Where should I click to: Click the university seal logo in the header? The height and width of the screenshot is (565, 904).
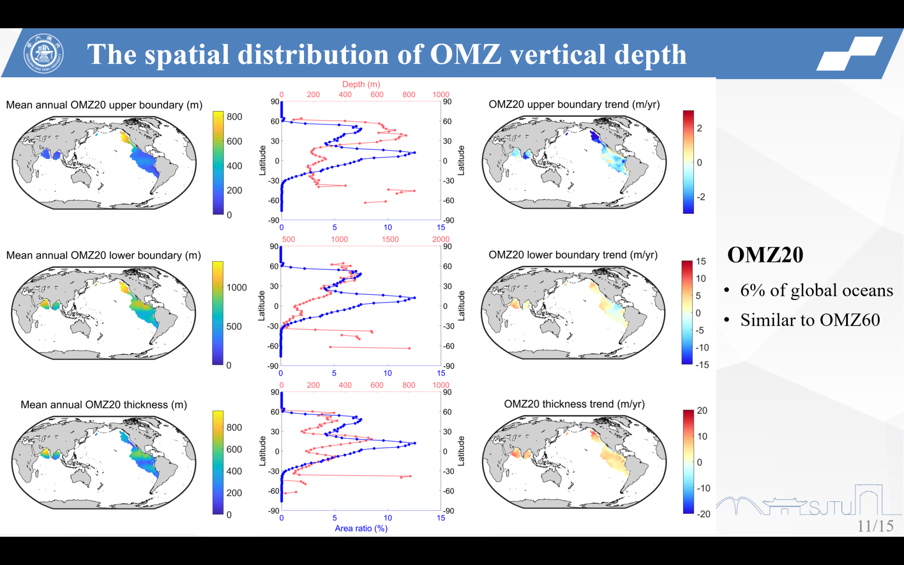pos(43,54)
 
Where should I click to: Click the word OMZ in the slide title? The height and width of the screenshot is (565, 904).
pos(466,54)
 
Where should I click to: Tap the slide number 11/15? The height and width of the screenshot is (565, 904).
pos(875,526)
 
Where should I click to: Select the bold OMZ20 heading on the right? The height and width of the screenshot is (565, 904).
pos(765,255)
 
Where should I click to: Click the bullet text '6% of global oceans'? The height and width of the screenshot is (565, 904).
pos(816,290)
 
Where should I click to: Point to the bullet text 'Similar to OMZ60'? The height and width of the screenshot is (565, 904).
pos(810,320)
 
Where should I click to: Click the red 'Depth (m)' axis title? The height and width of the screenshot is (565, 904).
pos(361,84)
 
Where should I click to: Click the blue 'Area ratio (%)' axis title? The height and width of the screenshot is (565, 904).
pos(361,528)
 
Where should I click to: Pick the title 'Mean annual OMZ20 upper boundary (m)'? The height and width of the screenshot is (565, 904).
pos(104,105)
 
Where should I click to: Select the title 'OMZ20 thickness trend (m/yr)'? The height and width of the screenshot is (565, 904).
pos(574,404)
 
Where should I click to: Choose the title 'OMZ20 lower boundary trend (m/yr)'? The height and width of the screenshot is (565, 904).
pos(573,255)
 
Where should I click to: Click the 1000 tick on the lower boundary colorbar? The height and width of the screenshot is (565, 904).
pos(237,287)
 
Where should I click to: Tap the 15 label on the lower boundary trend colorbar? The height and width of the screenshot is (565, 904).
pos(701,261)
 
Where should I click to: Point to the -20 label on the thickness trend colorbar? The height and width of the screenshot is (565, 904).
pos(703,514)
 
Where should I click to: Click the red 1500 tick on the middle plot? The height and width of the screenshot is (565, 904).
pos(390,239)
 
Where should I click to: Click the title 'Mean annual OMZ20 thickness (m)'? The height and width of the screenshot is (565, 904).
pos(104,405)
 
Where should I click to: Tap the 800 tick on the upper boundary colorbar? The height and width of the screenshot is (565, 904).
pos(234,117)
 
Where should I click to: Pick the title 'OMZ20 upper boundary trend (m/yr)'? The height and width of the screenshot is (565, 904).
pos(574,104)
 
